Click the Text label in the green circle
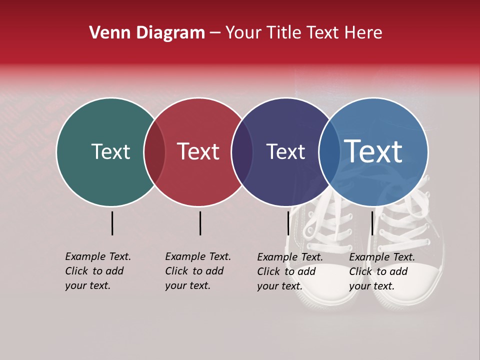tap(110, 152)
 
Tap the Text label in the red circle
tap(198, 152)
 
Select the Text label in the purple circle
tap(285, 152)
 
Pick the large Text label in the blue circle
tap(373, 151)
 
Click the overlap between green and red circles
tap(154, 152)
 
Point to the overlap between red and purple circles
tap(242, 152)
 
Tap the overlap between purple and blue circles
tap(329, 152)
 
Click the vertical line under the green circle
tap(112, 223)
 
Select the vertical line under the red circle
tap(200, 223)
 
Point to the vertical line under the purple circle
tap(288, 223)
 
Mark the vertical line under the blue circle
tap(372, 223)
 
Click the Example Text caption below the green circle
tap(98, 271)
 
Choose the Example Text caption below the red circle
tap(198, 271)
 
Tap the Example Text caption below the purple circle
tap(290, 271)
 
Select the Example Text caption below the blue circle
tap(382, 271)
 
